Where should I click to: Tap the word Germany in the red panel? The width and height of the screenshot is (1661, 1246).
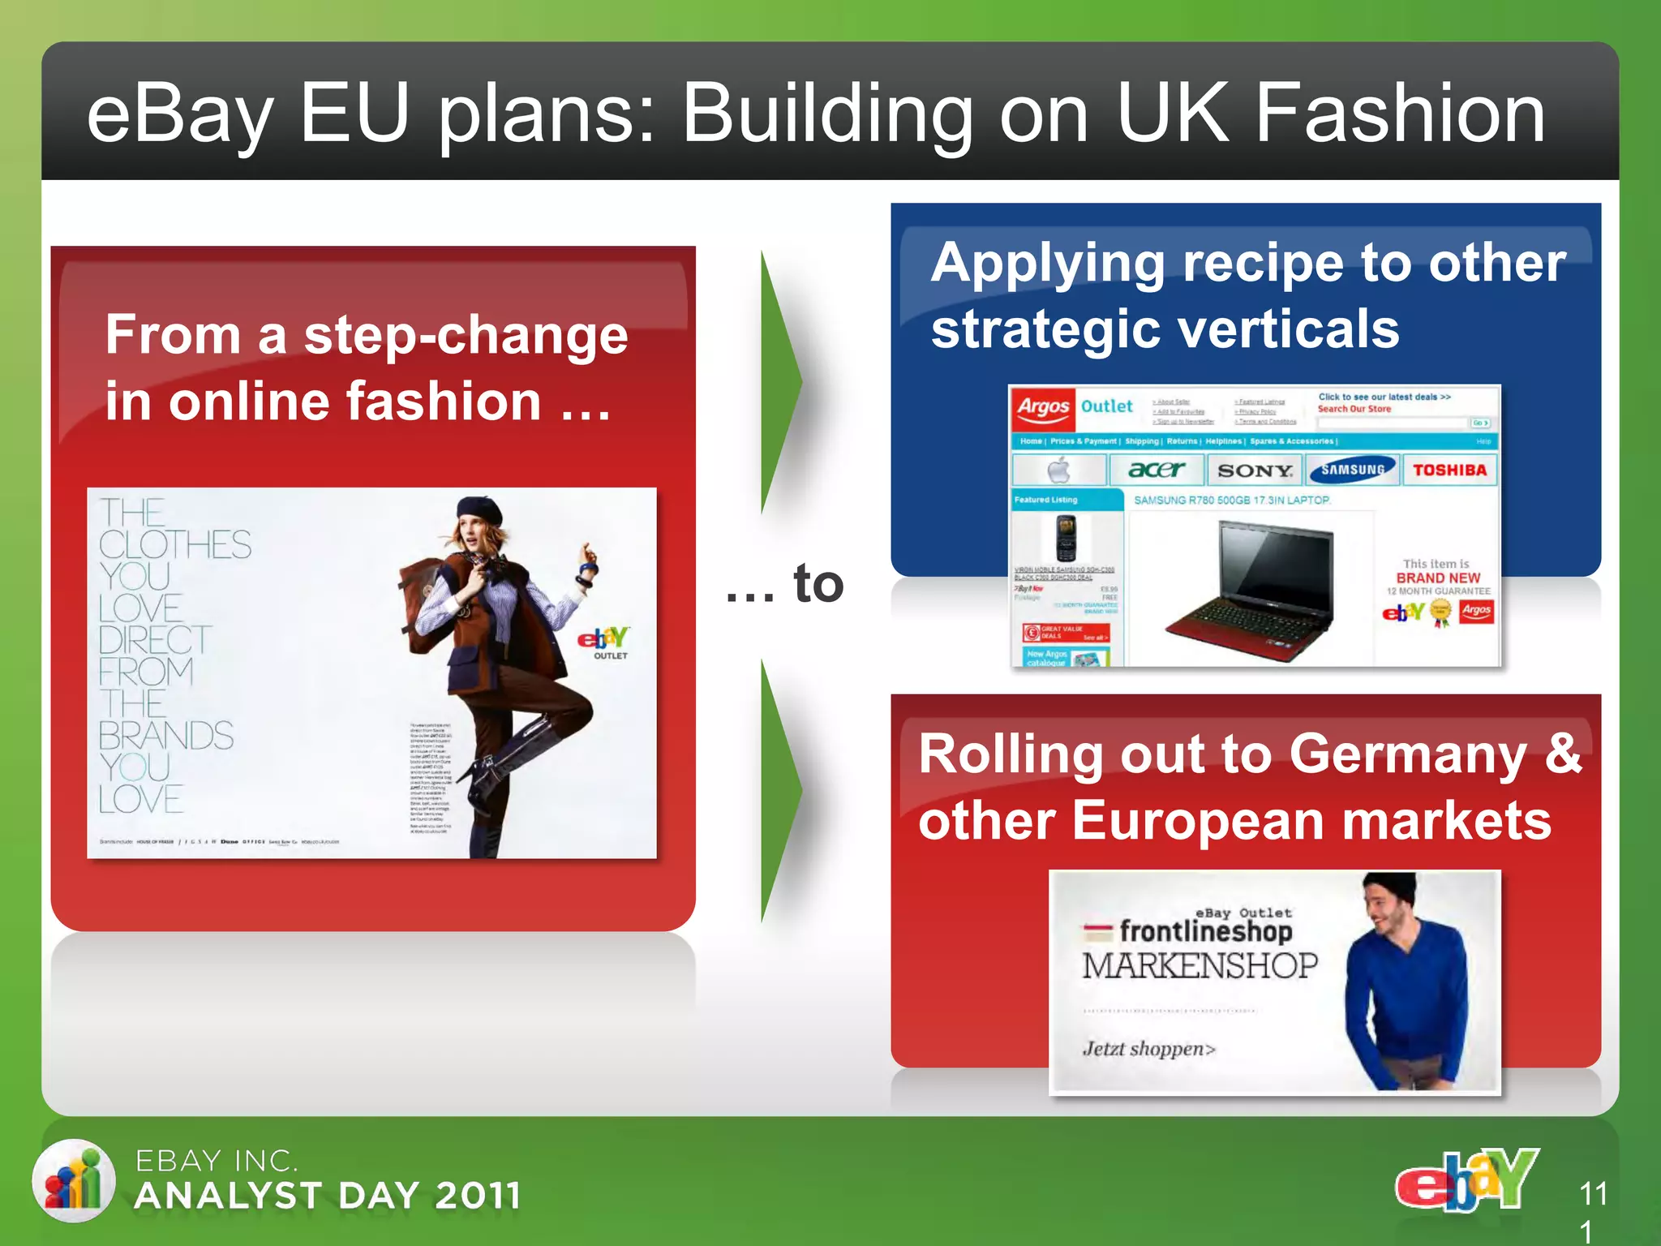click(1407, 754)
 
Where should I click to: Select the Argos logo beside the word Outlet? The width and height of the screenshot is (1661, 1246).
click(1043, 406)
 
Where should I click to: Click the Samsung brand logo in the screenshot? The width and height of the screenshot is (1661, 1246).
click(1352, 470)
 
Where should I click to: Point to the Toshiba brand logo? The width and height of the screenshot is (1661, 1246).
click(1449, 470)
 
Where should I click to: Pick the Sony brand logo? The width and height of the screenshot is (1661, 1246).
click(1255, 470)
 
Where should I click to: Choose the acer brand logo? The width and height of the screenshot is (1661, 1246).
click(1157, 470)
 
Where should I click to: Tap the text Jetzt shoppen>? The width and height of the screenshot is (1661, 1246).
click(1148, 1049)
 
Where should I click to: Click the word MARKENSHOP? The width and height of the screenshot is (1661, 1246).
click(1200, 966)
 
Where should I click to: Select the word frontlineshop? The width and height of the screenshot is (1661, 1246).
click(1206, 931)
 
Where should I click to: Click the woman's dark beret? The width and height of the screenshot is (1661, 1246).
click(479, 512)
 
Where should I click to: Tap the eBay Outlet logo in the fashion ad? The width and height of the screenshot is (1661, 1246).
click(604, 642)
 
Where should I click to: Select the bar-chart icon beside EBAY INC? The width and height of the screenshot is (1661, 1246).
click(74, 1180)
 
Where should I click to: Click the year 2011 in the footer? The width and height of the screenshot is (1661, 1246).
click(477, 1196)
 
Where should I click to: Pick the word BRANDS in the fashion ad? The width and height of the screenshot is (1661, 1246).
click(166, 736)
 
